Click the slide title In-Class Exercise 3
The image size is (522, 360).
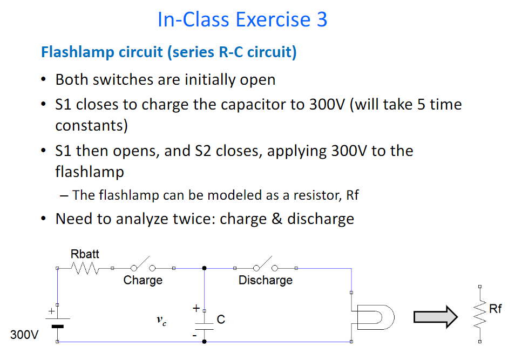click(x=242, y=19)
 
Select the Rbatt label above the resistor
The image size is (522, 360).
click(x=85, y=254)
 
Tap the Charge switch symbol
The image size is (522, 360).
click(x=143, y=267)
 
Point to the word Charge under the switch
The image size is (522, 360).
click(x=143, y=280)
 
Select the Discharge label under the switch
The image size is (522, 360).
click(x=266, y=280)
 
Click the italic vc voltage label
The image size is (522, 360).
click(x=161, y=321)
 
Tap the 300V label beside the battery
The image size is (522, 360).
click(x=24, y=335)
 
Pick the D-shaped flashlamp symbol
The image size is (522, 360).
click(x=375, y=317)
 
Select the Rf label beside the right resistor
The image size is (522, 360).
click(x=495, y=309)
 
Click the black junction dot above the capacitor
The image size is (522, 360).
click(x=204, y=268)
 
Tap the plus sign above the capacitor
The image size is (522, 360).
click(x=195, y=309)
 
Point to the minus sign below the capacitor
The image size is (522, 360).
click(x=195, y=335)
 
